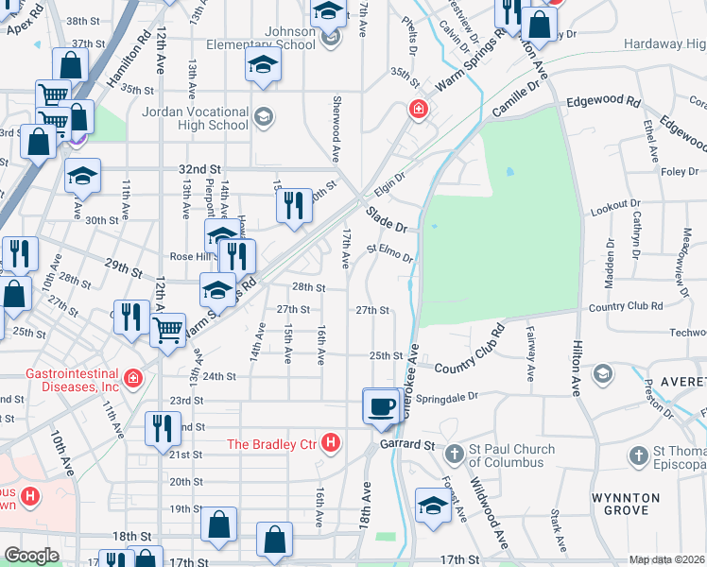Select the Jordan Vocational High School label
click(x=194, y=118)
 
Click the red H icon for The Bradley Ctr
click(x=331, y=442)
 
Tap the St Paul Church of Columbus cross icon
click(x=454, y=455)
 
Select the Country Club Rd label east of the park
click(x=625, y=306)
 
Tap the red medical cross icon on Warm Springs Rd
click(x=417, y=111)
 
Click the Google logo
click(x=31, y=556)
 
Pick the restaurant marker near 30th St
click(x=295, y=205)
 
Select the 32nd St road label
click(x=198, y=168)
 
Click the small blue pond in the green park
click(x=509, y=172)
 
